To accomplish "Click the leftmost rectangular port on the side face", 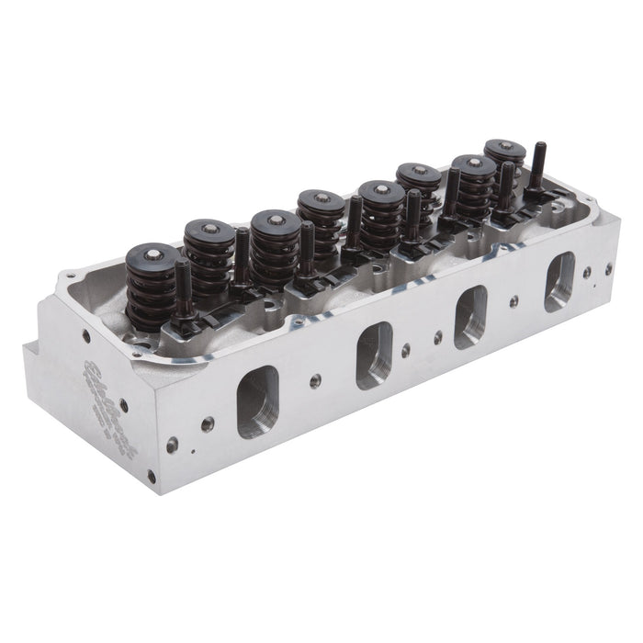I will (x=257, y=401).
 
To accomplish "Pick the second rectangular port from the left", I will (x=374, y=355).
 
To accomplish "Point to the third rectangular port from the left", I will (x=470, y=314).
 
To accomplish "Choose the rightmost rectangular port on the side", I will (x=558, y=280).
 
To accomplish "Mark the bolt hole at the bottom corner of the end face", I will (x=152, y=476).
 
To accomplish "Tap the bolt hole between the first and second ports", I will (x=315, y=380).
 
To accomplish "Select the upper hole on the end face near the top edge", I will (x=86, y=336).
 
